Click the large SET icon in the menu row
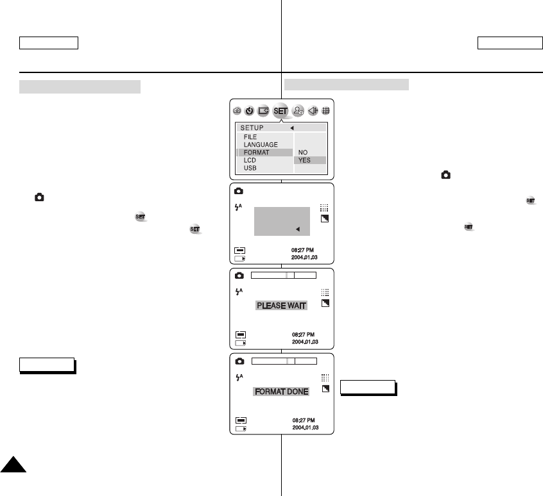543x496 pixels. (x=280, y=111)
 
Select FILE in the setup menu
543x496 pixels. (x=250, y=137)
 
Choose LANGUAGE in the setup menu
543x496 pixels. (x=261, y=145)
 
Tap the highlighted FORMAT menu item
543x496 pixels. (x=257, y=153)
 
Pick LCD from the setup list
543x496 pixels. (x=250, y=160)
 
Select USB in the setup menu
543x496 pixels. (x=250, y=168)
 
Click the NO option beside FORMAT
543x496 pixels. (x=302, y=153)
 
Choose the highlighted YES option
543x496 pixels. (x=304, y=160)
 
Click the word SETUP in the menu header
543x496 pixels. (x=252, y=128)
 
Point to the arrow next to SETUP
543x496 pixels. (x=291, y=128)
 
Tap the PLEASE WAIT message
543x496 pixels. (x=282, y=306)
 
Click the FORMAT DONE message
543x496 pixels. (x=281, y=391)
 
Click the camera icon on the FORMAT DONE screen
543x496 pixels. (x=239, y=361)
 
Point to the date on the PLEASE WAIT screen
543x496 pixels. (x=305, y=342)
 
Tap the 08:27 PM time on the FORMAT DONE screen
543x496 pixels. (x=303, y=420)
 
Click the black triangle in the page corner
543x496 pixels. (x=12, y=465)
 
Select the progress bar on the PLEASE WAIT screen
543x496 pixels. (x=284, y=275)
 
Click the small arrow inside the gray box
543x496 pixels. (x=298, y=229)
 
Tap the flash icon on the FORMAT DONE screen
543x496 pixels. (x=239, y=377)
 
